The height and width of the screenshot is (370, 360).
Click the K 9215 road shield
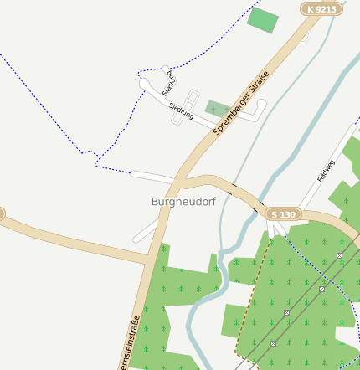click(322, 9)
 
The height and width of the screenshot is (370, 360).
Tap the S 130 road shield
click(283, 215)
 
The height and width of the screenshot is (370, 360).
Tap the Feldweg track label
click(326, 172)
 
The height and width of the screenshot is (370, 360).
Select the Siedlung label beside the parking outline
click(181, 110)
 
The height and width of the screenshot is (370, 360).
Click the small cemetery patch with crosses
click(219, 109)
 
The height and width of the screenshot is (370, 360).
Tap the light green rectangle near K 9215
click(262, 20)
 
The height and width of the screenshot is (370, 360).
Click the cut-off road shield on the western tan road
click(2, 214)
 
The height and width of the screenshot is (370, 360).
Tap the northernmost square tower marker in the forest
click(340, 255)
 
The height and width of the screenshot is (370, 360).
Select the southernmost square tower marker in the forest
click(273, 343)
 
